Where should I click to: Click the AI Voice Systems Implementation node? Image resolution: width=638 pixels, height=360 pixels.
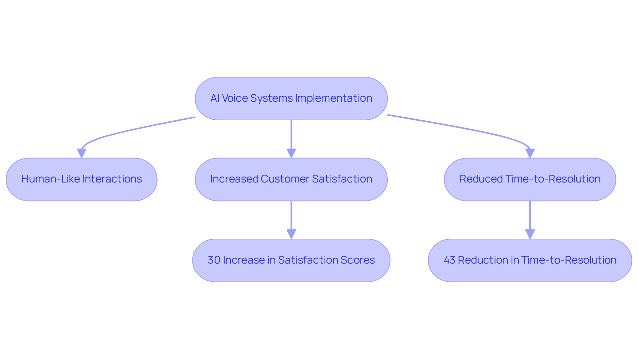click(x=291, y=98)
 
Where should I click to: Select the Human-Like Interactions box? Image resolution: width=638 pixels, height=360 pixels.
click(x=81, y=179)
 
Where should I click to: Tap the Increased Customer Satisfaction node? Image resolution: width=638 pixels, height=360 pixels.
click(x=291, y=179)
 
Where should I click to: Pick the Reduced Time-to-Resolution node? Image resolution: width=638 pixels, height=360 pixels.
click(x=530, y=179)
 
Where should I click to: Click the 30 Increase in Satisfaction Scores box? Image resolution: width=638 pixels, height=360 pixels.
click(x=291, y=260)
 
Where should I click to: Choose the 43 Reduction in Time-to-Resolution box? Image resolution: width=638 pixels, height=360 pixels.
click(x=530, y=260)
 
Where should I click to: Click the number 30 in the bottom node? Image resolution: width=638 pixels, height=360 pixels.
click(x=214, y=260)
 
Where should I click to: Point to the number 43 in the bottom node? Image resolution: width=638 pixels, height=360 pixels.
click(x=449, y=260)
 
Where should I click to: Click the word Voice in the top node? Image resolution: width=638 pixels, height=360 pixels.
click(x=235, y=98)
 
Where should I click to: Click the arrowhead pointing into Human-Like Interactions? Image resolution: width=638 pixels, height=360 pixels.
click(x=81, y=153)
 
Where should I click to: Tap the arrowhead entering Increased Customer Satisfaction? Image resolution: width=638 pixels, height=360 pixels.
click(x=291, y=153)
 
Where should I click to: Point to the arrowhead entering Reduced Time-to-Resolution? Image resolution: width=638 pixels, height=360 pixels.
click(x=530, y=153)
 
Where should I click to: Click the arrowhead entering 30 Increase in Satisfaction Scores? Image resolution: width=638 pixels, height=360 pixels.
click(x=291, y=234)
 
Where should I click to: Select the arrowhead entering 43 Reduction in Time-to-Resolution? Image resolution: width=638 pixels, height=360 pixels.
click(x=530, y=234)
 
